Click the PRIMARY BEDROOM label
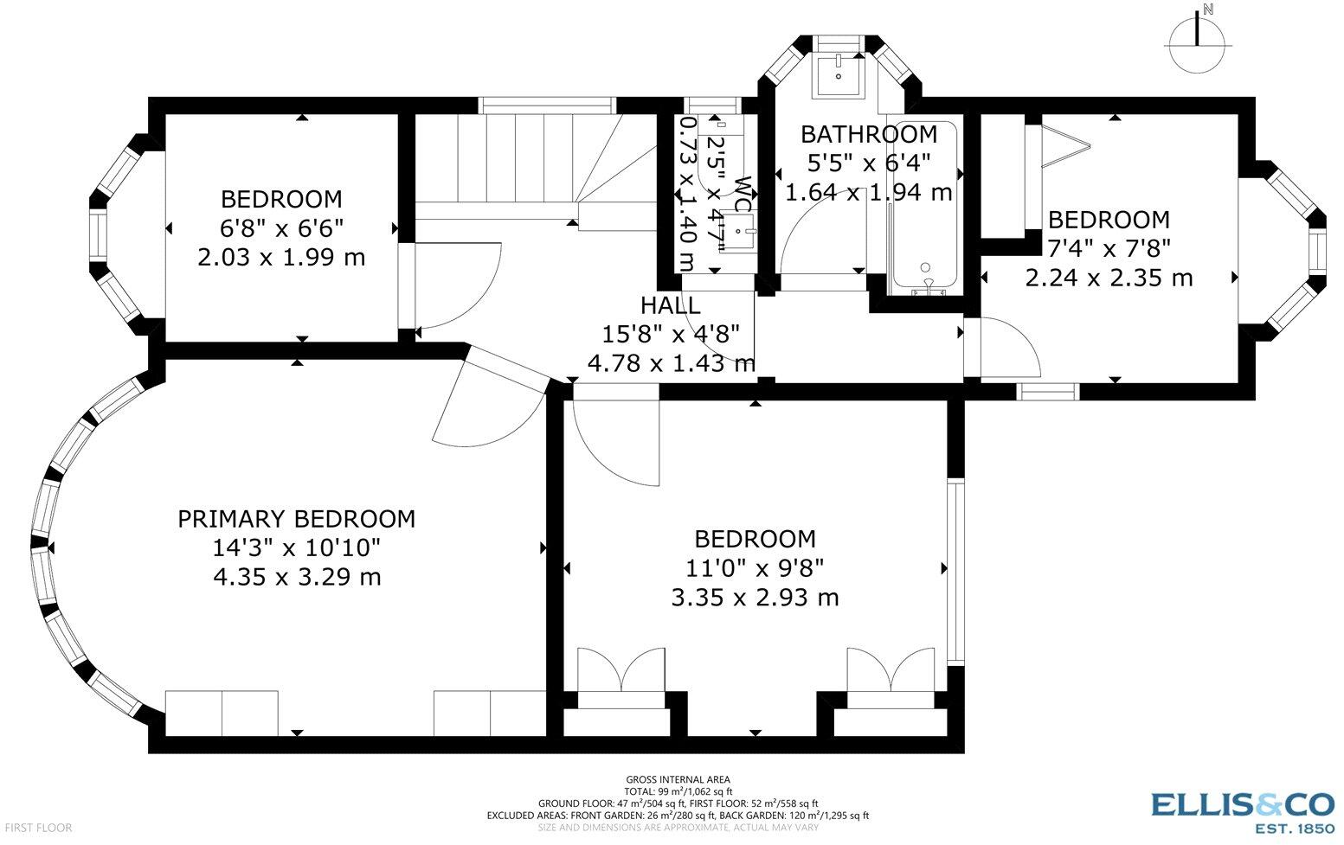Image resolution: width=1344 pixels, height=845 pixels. [296, 519]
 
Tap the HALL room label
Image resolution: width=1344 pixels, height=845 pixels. [670, 306]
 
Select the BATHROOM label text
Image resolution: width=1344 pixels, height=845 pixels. [869, 134]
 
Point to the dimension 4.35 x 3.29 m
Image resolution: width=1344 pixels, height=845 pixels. [297, 577]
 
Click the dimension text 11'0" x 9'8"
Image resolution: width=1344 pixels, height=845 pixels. [755, 567]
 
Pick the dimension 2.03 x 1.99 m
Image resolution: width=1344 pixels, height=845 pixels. [281, 257]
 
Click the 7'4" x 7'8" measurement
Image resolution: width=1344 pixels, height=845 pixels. [1109, 247]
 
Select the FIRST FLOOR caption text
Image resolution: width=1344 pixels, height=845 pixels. [38, 829]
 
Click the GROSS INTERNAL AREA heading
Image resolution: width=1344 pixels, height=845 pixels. [678, 779]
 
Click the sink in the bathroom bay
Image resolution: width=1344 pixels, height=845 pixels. [839, 74]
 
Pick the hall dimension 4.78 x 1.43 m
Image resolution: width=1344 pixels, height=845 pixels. [671, 363]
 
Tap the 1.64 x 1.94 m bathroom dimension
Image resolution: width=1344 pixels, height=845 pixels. [869, 193]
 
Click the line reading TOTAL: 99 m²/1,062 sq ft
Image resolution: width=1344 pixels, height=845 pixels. [678, 791]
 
